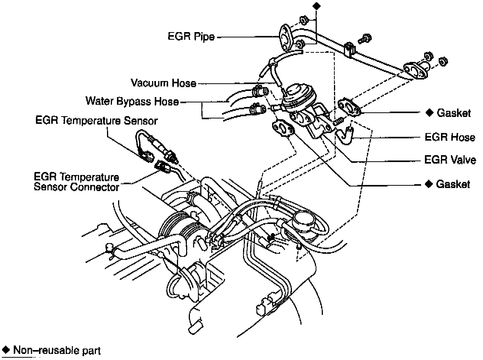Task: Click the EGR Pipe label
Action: point(191,37)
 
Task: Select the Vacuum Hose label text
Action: point(163,83)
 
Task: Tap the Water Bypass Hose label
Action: point(132,101)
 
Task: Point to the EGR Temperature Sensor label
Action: point(96,121)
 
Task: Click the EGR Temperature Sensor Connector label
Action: point(76,182)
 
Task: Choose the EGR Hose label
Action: point(450,137)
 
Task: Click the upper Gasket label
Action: point(453,113)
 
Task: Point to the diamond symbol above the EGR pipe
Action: point(316,6)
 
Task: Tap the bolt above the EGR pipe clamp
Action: point(364,38)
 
